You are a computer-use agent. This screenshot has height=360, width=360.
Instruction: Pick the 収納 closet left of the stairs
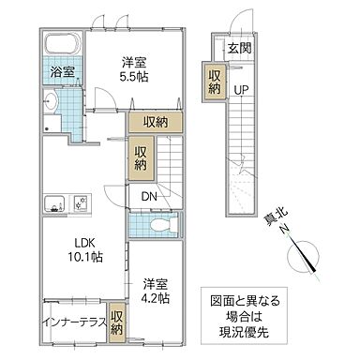click(141, 157)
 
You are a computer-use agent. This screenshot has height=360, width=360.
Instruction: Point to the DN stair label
click(150, 196)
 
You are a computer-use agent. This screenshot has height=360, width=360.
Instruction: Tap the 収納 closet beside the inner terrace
click(116, 322)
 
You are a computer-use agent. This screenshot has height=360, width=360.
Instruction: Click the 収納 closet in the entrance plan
click(215, 82)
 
